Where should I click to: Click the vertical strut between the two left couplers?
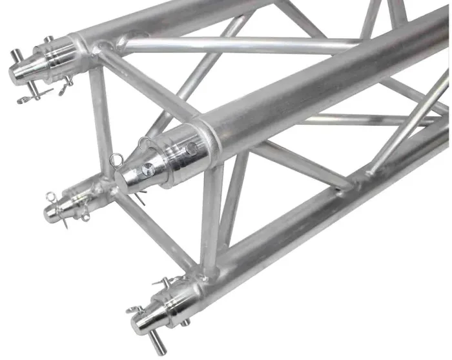100,123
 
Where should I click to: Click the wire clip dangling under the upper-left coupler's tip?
29,97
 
